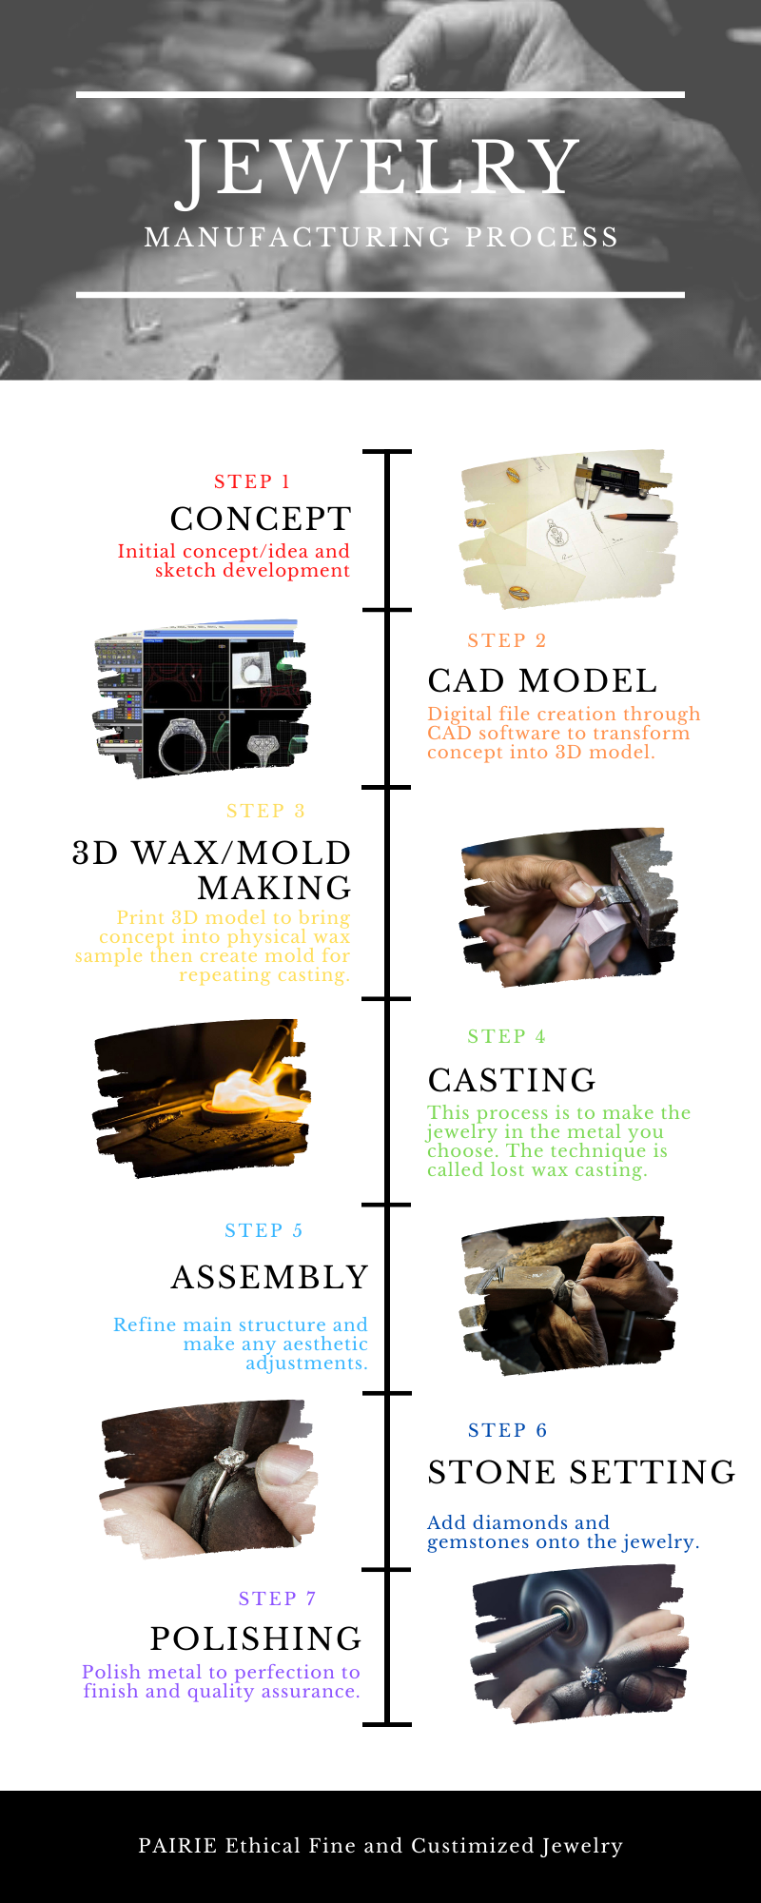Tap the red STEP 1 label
(x=252, y=481)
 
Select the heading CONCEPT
(x=261, y=519)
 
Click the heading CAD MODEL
(x=542, y=680)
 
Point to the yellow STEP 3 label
(x=265, y=811)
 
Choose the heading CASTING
(x=512, y=1080)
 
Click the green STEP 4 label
(x=506, y=1036)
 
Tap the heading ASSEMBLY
(x=269, y=1277)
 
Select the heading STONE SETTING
(x=581, y=1472)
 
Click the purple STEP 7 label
(x=277, y=1599)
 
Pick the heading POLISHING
(x=256, y=1638)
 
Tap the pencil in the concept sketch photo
(x=634, y=516)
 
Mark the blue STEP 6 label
(x=507, y=1430)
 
